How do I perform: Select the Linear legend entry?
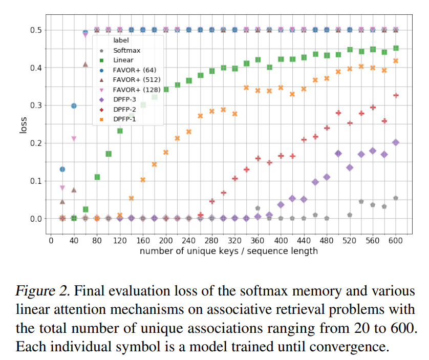(122, 60)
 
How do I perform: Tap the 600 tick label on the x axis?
(396, 241)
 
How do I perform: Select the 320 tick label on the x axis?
(234, 241)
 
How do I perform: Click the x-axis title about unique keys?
(228, 251)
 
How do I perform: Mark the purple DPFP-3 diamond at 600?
(396, 142)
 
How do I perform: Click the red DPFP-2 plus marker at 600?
(396, 95)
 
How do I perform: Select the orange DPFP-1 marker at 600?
(396, 61)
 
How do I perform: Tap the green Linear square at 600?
(396, 48)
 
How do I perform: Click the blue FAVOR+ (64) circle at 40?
(74, 105)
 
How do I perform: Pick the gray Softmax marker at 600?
(396, 198)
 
